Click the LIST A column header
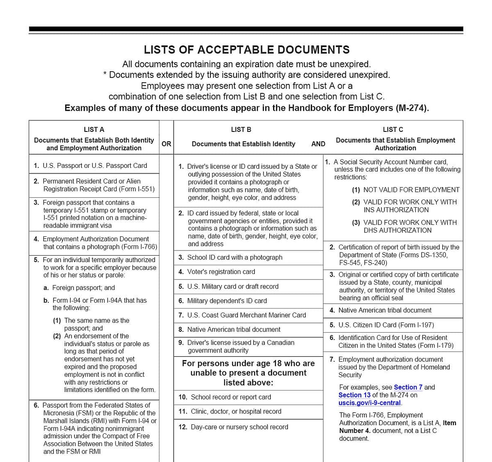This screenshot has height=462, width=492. [94, 129]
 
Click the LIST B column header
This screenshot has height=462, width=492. [241, 129]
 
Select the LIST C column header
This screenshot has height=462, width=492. [393, 129]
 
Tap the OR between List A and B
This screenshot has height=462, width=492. [166, 144]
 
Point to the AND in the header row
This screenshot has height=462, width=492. [318, 144]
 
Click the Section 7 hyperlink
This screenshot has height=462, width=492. [408, 387]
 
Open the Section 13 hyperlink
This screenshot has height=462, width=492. [354, 395]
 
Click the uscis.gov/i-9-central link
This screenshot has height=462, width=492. [369, 402]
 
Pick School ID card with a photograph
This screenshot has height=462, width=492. [235, 257]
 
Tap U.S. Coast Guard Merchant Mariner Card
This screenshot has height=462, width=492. [246, 315]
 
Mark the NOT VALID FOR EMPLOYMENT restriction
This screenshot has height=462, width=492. [411, 190]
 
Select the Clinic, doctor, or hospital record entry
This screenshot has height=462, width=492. [236, 411]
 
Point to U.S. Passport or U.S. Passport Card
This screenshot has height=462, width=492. [95, 165]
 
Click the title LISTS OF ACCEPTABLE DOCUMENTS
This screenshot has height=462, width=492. [246, 50]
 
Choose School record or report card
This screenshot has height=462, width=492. [231, 397]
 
